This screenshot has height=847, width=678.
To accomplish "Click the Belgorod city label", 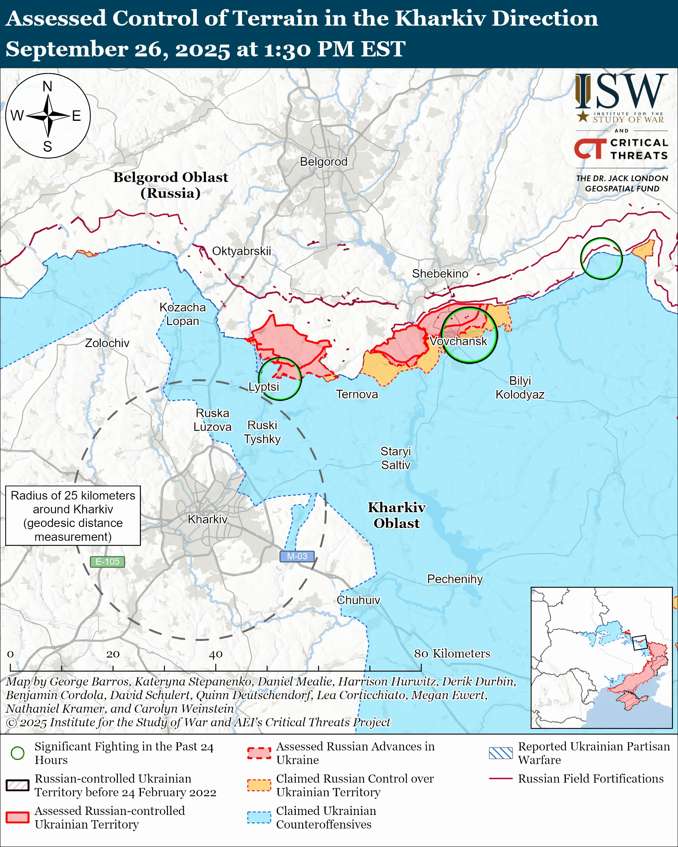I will [x=323, y=162].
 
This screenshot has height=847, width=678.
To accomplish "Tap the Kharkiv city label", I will [x=207, y=519].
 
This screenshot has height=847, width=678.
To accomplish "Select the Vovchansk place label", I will [x=458, y=341].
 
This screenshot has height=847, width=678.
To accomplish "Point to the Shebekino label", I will [x=440, y=273].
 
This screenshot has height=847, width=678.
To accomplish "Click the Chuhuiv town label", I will [x=358, y=600].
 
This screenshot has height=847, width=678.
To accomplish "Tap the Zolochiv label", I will [x=107, y=343].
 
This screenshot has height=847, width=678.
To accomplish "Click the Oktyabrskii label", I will [x=241, y=251].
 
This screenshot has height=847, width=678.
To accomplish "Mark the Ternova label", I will [x=357, y=394].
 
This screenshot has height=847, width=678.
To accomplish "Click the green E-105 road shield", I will [x=107, y=561].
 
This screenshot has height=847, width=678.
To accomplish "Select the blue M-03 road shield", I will [x=297, y=556].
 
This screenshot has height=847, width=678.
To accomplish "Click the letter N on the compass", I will [x=48, y=86].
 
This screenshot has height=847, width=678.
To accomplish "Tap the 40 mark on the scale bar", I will [x=215, y=654].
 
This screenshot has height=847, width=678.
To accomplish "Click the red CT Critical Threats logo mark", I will [x=590, y=149].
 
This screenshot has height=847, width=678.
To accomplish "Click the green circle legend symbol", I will [x=18, y=753].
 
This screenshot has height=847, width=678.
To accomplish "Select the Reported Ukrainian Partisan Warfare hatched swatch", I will [x=500, y=753].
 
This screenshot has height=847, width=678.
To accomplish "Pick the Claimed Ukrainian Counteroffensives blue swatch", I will [x=259, y=817].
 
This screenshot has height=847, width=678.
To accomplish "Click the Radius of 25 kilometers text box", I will [x=73, y=516].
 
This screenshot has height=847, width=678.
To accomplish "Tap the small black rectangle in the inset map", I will [x=639, y=642].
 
